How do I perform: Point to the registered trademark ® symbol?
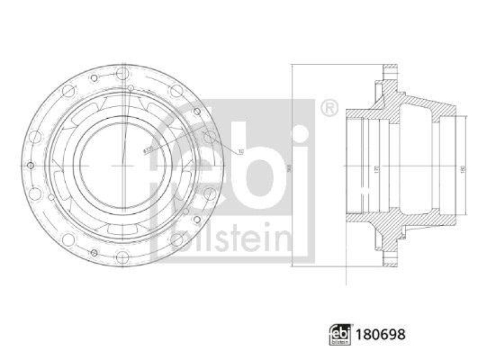tap(328, 108)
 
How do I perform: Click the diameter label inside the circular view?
tap(147, 148)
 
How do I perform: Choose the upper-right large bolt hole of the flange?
tap(176, 91)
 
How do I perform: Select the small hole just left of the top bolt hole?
tap(94, 79)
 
